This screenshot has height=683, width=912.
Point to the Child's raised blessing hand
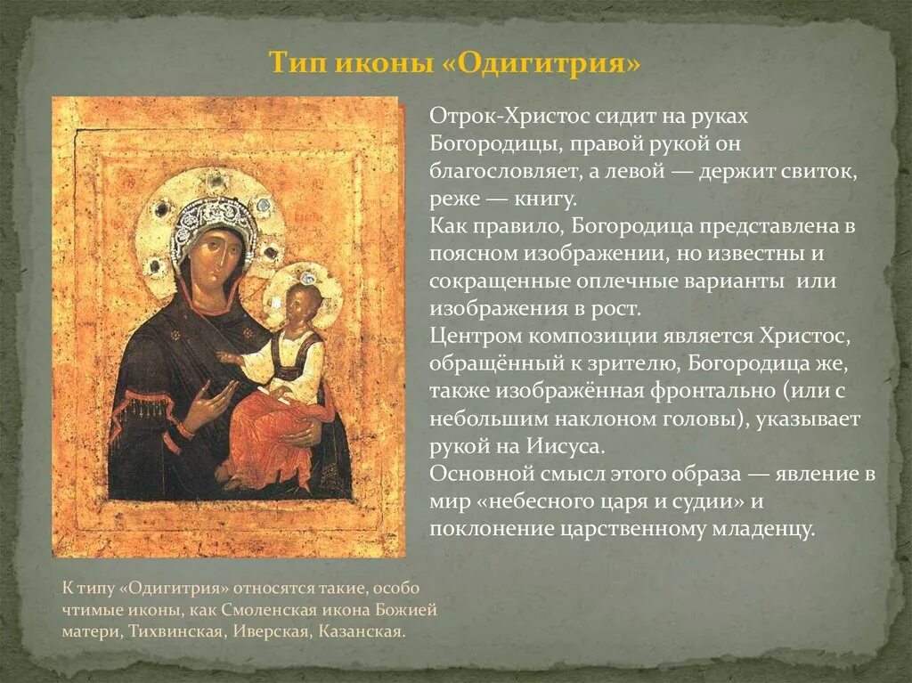click(230, 357)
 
